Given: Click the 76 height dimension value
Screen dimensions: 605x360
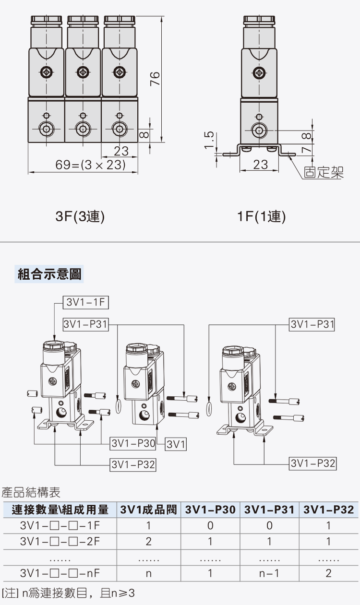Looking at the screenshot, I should [x=155, y=78].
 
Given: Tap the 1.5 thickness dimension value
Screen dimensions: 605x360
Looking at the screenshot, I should [x=209, y=141].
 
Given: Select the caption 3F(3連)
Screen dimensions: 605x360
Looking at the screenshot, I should [x=80, y=217].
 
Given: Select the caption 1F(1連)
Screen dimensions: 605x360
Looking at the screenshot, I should [x=262, y=217].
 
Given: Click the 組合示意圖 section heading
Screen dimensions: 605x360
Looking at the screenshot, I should [x=49, y=274].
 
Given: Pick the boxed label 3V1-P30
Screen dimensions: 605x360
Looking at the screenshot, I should [x=133, y=444].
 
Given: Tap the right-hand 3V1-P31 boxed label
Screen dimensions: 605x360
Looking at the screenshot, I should [x=312, y=324].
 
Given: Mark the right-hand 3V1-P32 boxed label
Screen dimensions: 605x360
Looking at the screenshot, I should [x=313, y=463].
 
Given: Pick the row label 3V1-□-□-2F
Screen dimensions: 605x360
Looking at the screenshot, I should [x=60, y=542].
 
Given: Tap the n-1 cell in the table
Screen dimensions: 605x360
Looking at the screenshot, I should [x=269, y=573].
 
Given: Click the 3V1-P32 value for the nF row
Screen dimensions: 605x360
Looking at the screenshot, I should [x=328, y=573].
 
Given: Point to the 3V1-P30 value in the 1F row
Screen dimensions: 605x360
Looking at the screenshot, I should [x=210, y=526].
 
